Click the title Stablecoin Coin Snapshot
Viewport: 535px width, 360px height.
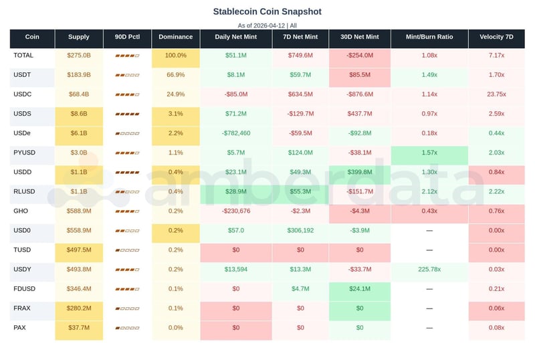pyautogui.click(x=267, y=11)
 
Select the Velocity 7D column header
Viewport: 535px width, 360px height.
pyautogui.click(x=496, y=37)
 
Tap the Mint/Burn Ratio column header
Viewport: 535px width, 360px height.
pyautogui.click(x=429, y=37)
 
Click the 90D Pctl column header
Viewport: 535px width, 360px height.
pyautogui.click(x=127, y=37)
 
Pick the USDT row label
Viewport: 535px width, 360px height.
pyautogui.click(x=23, y=75)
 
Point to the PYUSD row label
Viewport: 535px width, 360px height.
pyautogui.click(x=25, y=153)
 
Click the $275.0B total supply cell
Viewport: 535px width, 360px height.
pyautogui.click(x=79, y=56)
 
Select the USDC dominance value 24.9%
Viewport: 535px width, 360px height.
pyautogui.click(x=176, y=94)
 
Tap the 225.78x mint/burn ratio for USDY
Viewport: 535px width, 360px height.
pyautogui.click(x=429, y=270)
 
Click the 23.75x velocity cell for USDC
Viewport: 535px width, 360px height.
pyautogui.click(x=496, y=94)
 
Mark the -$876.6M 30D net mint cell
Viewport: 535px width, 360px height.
pyautogui.click(x=360, y=94)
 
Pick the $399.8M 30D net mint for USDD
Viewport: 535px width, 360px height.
pyautogui.click(x=360, y=172)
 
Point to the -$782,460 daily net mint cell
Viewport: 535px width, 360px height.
pyautogui.click(x=236, y=133)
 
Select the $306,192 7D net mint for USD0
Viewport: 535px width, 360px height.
pyautogui.click(x=300, y=230)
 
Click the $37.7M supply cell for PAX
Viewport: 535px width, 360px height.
pyautogui.click(x=79, y=328)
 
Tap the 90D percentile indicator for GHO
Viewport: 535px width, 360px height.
pyautogui.click(x=127, y=211)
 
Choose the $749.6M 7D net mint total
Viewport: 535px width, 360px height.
pyautogui.click(x=300, y=56)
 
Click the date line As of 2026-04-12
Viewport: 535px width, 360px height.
pyautogui.click(x=267, y=25)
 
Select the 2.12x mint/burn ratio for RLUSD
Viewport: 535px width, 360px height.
pyautogui.click(x=429, y=191)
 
